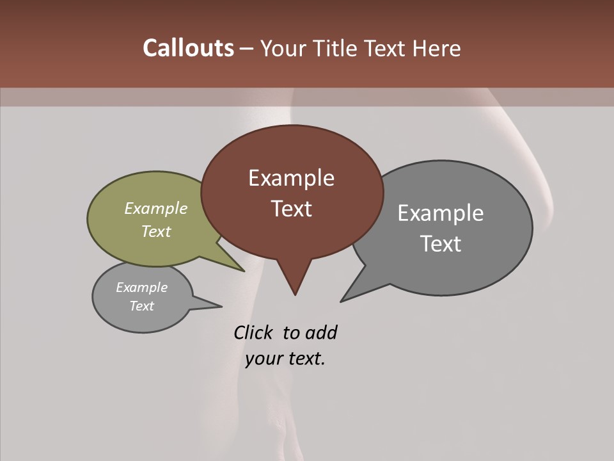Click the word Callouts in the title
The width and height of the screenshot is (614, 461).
click(188, 48)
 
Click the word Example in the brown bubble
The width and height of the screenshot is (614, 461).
click(291, 178)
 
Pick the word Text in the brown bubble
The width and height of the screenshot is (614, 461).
click(291, 209)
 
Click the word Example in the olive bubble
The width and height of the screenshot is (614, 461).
click(156, 208)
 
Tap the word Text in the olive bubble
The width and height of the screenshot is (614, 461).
click(156, 231)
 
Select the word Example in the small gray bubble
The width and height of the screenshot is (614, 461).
click(142, 287)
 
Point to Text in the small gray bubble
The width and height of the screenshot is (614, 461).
click(142, 306)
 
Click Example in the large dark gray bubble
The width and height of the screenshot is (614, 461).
click(441, 213)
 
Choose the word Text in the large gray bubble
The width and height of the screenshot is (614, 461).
click(441, 244)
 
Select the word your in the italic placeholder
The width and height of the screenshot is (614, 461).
click(264, 359)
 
